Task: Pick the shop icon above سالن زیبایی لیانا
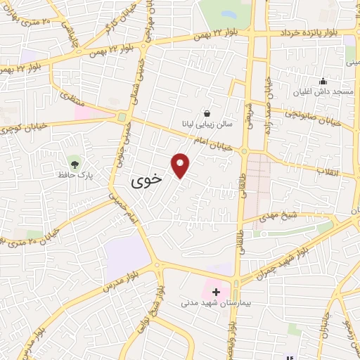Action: [207, 112]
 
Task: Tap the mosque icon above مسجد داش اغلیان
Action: [323, 82]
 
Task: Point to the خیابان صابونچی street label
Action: [314, 115]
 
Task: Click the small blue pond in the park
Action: [228, 13]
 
